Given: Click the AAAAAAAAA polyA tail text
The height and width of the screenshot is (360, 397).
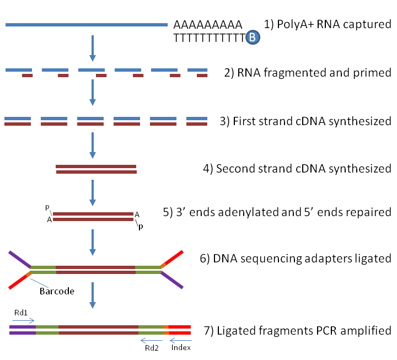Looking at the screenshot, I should point(208,25).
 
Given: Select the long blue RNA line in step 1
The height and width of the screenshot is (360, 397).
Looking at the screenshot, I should point(86,25).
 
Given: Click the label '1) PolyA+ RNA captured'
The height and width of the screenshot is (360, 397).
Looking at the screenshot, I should point(328,25).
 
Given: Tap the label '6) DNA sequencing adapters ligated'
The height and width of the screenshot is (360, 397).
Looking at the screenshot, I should point(296,259).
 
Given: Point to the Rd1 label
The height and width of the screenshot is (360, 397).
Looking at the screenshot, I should point(21,312).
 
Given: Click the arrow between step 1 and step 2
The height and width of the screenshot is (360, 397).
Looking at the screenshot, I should point(93,49).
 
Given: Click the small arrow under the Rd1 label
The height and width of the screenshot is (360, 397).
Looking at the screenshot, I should point(23,320).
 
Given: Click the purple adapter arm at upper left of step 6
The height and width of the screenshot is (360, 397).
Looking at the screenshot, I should point(19,259).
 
